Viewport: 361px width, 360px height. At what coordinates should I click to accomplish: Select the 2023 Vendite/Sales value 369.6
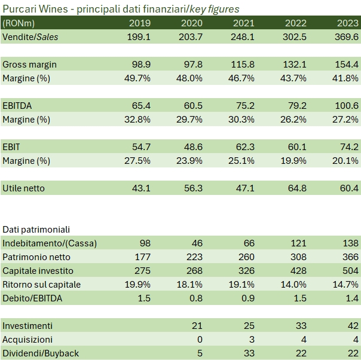(x=347, y=36)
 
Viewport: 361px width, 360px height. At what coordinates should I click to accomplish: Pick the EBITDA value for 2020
(x=191, y=105)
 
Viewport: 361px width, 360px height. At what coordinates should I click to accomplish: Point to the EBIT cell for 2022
(x=295, y=147)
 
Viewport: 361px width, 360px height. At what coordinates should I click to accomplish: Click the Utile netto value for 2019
(x=140, y=188)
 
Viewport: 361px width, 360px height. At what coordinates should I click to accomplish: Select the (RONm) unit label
(x=19, y=23)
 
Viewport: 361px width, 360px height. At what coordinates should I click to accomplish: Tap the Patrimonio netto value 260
(x=246, y=257)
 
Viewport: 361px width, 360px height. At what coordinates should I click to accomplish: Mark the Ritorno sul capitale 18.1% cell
(x=189, y=284)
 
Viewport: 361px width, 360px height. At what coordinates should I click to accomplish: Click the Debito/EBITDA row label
(x=33, y=298)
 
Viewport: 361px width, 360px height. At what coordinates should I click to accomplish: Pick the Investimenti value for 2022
(x=301, y=325)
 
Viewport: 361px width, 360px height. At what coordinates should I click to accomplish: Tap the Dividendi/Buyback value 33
(x=249, y=353)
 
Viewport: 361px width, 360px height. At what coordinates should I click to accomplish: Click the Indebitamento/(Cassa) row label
(x=50, y=243)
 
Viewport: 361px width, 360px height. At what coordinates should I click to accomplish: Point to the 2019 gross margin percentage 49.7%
(x=137, y=78)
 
